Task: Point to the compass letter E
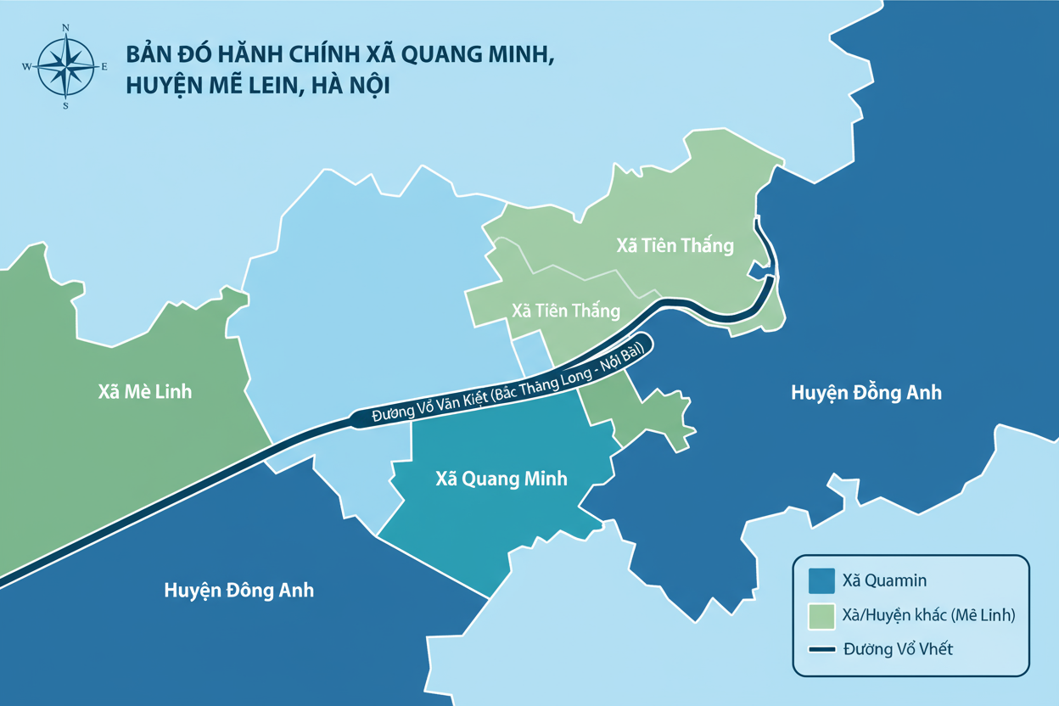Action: tap(104, 66)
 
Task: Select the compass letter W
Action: tap(26, 66)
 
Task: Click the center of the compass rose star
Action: tap(66, 66)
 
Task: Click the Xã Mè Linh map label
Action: tap(144, 392)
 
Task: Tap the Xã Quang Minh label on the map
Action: tap(501, 479)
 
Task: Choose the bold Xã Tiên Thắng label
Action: tap(675, 246)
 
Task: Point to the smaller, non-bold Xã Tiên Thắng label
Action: tap(566, 311)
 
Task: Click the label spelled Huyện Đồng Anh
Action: tap(866, 393)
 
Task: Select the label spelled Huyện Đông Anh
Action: tap(238, 590)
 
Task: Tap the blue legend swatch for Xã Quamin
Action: tap(821, 580)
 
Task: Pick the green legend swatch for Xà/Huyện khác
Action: tap(821, 615)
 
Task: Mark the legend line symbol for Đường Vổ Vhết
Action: tap(821, 649)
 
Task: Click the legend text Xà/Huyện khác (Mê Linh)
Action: tap(929, 615)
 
